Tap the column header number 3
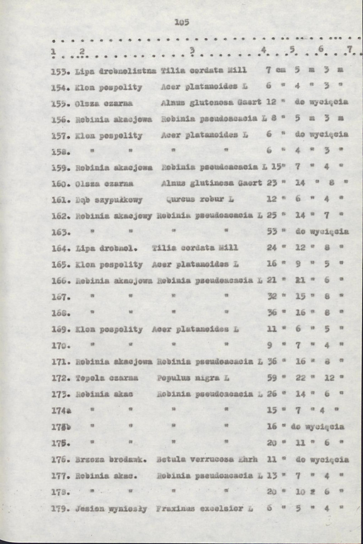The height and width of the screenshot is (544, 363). coord(192,50)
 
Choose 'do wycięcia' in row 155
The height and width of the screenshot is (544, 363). coord(321,102)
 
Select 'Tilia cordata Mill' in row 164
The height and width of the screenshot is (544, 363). coord(195,248)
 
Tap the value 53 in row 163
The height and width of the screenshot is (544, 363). coord(271,232)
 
